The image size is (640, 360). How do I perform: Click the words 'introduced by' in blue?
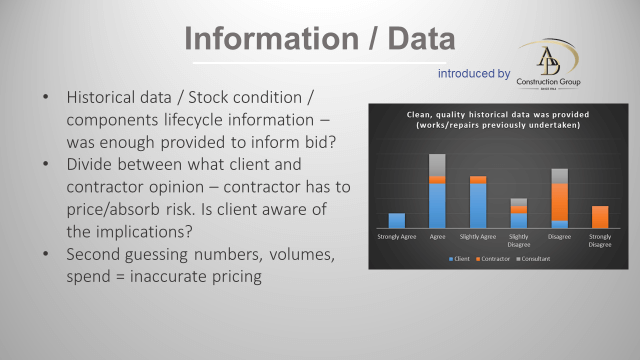(x=474, y=73)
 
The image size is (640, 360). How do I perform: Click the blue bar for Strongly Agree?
(x=396, y=220)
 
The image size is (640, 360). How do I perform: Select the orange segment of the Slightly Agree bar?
(x=478, y=180)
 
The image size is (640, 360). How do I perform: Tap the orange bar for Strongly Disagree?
(x=600, y=216)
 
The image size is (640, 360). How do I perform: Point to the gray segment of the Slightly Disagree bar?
(x=519, y=202)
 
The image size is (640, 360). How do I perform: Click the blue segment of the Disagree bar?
(x=560, y=223)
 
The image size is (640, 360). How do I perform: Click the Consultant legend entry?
(x=537, y=259)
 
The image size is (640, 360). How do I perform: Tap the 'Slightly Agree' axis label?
(x=478, y=236)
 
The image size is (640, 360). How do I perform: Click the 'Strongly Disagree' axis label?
(x=600, y=240)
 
